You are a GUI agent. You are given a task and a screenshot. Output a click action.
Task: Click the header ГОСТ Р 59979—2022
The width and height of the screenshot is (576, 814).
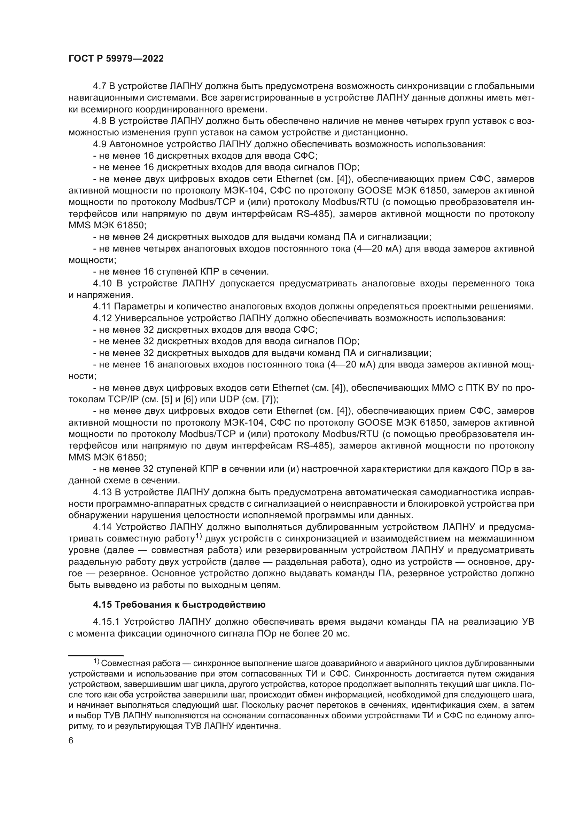point(116,59)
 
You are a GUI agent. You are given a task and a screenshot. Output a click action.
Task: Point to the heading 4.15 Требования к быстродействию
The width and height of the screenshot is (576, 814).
point(179,605)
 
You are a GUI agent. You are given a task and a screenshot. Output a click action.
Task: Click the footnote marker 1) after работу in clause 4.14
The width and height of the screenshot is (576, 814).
point(198,537)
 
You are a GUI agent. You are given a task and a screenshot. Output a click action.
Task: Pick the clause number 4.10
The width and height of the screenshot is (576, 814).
point(103,284)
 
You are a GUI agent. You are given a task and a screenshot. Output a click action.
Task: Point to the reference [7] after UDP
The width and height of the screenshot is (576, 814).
point(268,400)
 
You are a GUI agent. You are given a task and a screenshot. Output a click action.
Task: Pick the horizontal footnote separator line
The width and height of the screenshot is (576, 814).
point(96,656)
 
